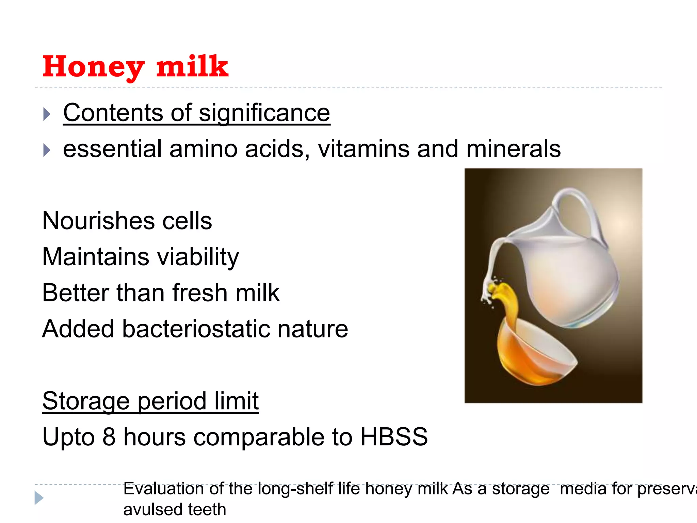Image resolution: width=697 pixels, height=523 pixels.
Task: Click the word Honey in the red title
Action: click(93, 67)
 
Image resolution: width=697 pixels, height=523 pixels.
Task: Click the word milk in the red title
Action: click(192, 66)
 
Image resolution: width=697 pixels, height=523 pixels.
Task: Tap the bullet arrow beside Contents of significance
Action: click(47, 114)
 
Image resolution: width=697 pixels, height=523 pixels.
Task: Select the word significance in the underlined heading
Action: click(264, 113)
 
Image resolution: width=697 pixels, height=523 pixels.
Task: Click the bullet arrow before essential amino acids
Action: click(47, 150)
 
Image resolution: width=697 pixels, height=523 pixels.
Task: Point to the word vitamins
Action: click(363, 149)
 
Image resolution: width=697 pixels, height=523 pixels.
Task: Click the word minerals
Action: click(513, 149)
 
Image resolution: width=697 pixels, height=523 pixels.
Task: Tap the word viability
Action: click(198, 257)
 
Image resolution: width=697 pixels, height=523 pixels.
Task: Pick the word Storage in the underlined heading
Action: click(86, 401)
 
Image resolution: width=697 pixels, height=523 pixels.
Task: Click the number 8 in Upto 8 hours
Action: click(109, 437)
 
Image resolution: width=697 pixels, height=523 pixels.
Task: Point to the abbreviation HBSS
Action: click(394, 437)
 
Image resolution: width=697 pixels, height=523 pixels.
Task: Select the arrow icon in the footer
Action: click(39, 498)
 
